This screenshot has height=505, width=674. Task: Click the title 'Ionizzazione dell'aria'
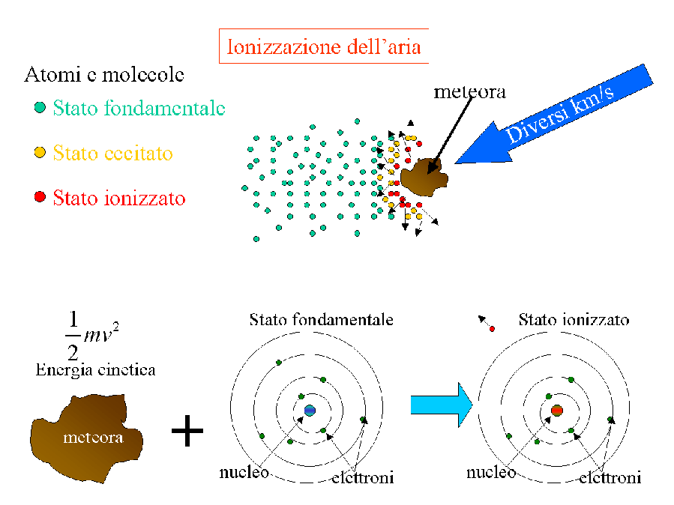coord(324,47)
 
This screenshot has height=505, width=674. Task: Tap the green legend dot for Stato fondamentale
coord(40,108)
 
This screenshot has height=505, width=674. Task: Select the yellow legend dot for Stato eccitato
coord(40,153)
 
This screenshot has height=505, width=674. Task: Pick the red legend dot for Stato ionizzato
coord(40,198)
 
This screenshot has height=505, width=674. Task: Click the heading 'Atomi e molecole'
coord(104,75)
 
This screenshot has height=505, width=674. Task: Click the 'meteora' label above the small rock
coord(470,93)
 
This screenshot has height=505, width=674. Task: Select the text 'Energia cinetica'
coord(95,369)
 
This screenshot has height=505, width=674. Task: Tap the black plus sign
coord(187,432)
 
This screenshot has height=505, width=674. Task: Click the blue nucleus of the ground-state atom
coord(310,410)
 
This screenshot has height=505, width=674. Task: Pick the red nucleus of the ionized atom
coord(557,410)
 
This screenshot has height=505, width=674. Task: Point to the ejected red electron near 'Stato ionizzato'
coord(492,328)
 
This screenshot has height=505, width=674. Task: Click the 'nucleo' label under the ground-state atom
coord(244,473)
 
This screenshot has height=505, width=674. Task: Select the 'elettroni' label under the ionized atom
coord(610,477)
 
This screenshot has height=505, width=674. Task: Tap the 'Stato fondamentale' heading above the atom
coord(321,320)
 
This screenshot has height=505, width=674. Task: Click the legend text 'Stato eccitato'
coord(112,154)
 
